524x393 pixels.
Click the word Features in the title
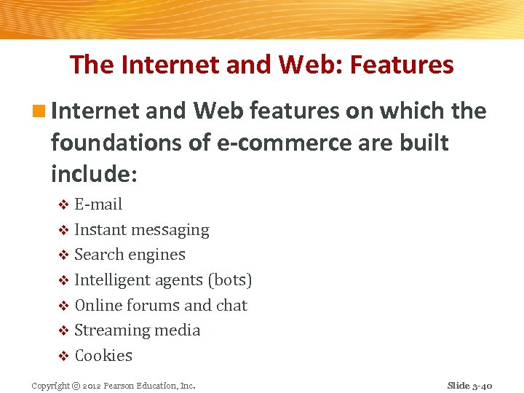402,65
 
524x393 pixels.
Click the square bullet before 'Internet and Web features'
41,111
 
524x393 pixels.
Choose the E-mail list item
98,205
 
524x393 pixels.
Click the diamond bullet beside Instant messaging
63,231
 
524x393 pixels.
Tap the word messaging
169,230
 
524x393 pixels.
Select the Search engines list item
130,255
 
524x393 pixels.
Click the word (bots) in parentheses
229,280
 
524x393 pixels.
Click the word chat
231,305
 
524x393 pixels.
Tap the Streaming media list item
137,330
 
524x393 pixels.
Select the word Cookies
103,356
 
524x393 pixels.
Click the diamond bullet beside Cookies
63,357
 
